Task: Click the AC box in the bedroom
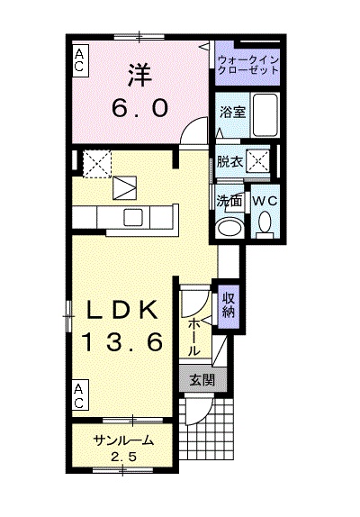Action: click(80, 60)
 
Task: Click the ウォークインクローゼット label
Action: click(249, 65)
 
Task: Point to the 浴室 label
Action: click(230, 113)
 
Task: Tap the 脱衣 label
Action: click(229, 162)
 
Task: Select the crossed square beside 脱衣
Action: click(259, 162)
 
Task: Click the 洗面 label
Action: click(228, 201)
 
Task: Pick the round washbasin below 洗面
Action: click(230, 225)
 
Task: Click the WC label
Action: click(264, 200)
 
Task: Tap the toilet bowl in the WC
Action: click(265, 224)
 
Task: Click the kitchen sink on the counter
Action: click(133, 216)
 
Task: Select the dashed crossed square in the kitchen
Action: click(94, 163)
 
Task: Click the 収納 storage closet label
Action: click(228, 305)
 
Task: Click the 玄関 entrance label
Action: click(201, 380)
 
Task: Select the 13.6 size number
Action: click(125, 341)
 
